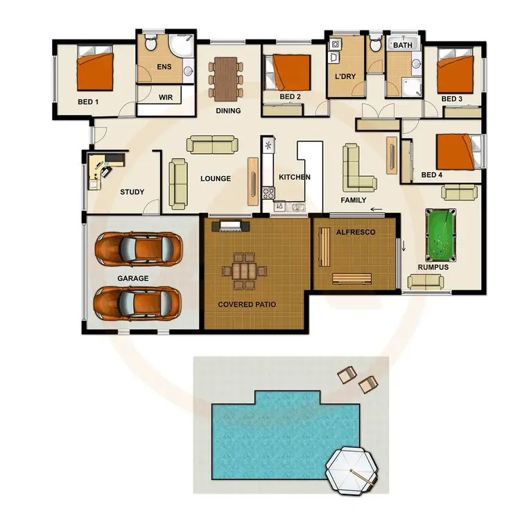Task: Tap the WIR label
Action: (x=165, y=98)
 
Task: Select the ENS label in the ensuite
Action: (x=164, y=67)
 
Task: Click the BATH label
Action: (x=402, y=46)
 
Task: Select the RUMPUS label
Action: (x=433, y=266)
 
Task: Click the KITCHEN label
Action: (x=295, y=178)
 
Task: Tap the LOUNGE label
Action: (x=215, y=178)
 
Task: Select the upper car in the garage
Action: (x=139, y=247)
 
